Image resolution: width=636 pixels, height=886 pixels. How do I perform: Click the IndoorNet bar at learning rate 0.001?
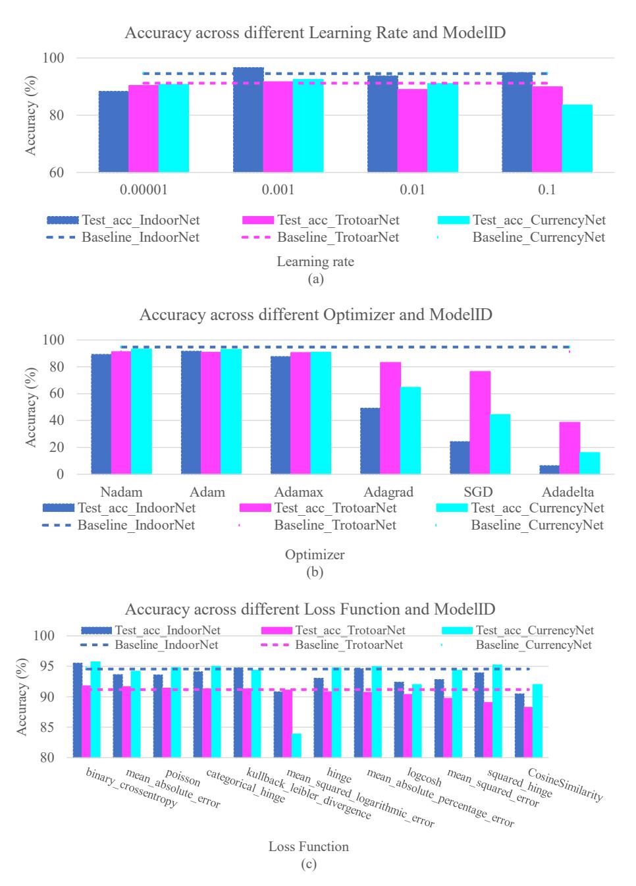(x=248, y=120)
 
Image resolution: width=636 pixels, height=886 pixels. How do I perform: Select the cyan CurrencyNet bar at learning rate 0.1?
(x=577, y=138)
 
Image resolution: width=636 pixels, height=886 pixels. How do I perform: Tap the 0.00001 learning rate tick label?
(x=144, y=190)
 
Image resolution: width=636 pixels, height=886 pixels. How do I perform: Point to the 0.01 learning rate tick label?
(x=412, y=190)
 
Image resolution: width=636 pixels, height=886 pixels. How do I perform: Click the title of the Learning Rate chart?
(x=315, y=33)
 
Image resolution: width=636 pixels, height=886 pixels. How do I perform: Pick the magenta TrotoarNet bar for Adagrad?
(x=390, y=418)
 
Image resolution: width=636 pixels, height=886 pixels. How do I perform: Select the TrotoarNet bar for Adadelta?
(x=570, y=448)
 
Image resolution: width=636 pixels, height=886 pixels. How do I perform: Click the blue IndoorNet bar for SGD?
(x=460, y=458)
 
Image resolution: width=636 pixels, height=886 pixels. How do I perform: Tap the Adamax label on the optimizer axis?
(x=298, y=492)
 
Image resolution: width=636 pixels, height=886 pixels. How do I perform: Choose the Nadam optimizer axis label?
(x=121, y=492)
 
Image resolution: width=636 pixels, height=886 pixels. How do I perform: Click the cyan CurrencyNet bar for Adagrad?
(x=410, y=430)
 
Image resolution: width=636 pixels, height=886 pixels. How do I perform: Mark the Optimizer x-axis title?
(x=315, y=555)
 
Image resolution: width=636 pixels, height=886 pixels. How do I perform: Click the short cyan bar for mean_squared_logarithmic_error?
(x=296, y=745)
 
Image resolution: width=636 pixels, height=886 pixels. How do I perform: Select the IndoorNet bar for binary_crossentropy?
(x=78, y=710)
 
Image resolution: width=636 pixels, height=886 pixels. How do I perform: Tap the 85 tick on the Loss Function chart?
(x=47, y=727)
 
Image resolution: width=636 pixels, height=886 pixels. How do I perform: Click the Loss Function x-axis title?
(x=309, y=846)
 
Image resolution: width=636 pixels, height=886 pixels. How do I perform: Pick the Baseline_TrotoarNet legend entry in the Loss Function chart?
(x=332, y=645)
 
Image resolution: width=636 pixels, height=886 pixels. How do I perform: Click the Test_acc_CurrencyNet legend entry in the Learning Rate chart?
(x=521, y=220)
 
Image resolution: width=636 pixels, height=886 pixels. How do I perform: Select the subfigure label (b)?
(x=315, y=572)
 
